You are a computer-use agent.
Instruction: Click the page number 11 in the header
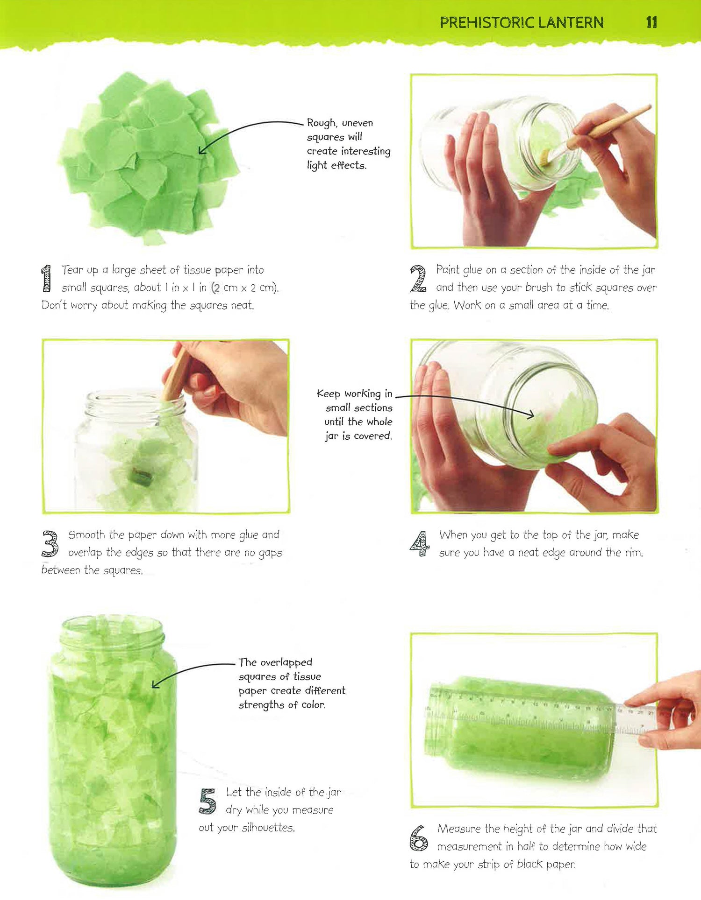coord(651,22)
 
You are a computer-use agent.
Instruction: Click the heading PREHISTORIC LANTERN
coord(522,22)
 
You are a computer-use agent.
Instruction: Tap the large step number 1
coord(46,278)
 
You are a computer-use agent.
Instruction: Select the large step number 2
coord(418,278)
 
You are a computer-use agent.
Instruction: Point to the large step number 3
coord(50,543)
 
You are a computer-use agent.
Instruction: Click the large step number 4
coord(420,543)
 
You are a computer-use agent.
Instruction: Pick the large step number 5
coord(207,801)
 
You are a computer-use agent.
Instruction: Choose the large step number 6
coord(419,838)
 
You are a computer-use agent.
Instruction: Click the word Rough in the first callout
coord(322,123)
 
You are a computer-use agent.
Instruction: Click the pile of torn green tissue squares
coord(149,158)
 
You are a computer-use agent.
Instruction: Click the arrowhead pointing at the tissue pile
coord(201,150)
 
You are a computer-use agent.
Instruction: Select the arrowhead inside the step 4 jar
coord(531,415)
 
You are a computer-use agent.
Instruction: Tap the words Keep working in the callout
coord(354,394)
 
